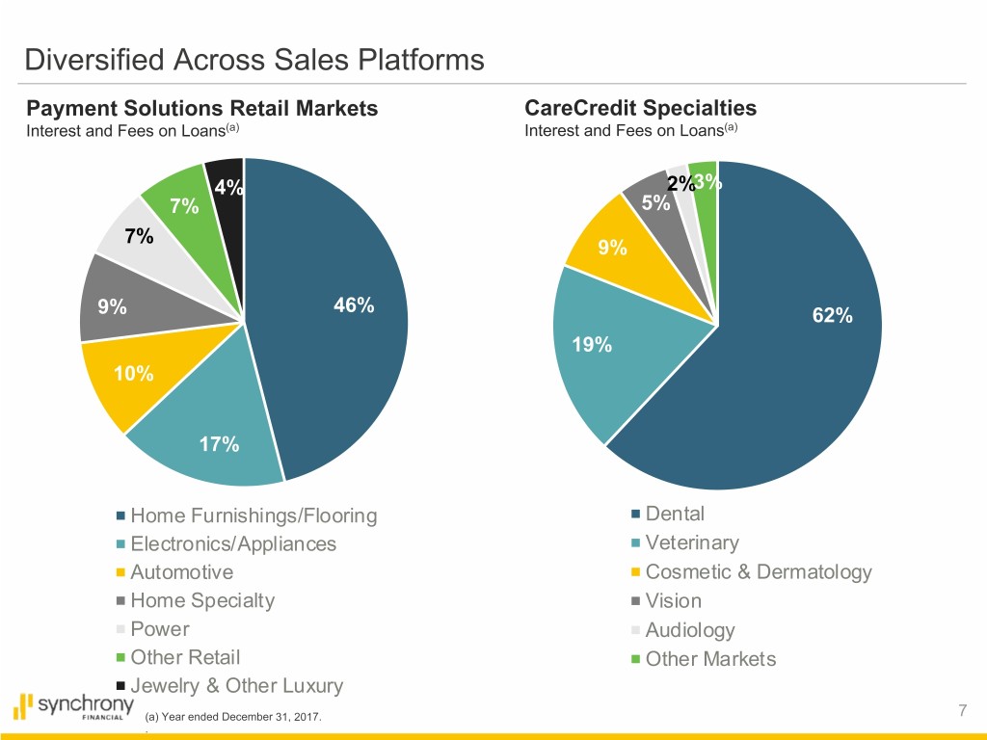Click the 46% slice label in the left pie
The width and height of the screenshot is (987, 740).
click(353, 305)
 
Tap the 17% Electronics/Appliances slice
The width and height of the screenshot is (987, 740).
click(220, 445)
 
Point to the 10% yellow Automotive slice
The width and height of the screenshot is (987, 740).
click(133, 374)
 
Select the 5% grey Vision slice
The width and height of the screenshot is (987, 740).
click(655, 202)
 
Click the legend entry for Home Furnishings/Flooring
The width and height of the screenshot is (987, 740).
click(253, 515)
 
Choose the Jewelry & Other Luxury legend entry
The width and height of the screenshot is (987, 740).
click(236, 686)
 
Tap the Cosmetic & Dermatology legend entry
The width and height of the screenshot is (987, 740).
click(758, 572)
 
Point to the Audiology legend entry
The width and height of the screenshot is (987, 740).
click(690, 630)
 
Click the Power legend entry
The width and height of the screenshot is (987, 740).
click(160, 629)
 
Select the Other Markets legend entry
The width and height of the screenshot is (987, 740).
click(710, 659)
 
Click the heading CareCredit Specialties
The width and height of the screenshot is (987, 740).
click(640, 108)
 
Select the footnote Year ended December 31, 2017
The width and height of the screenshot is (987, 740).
click(234, 717)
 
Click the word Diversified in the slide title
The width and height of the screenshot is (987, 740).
click(95, 62)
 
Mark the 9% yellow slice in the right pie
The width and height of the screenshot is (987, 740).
click(611, 248)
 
